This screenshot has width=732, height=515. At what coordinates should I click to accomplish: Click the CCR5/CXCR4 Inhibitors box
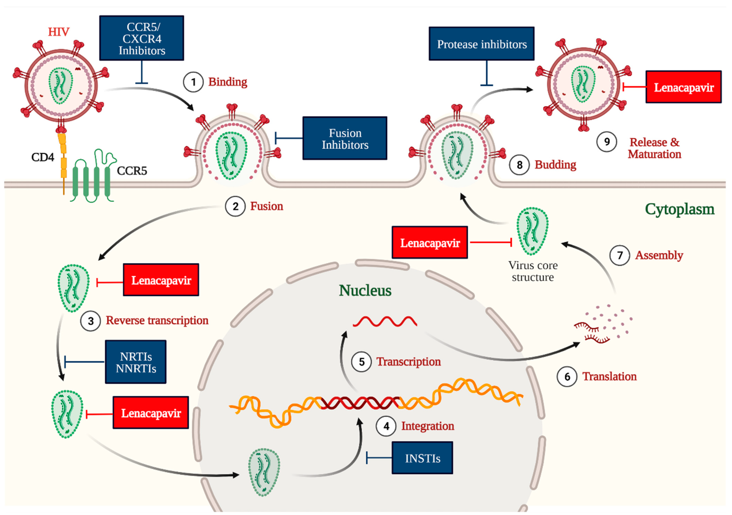[142, 38]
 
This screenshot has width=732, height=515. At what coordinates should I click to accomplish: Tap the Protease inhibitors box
[481, 44]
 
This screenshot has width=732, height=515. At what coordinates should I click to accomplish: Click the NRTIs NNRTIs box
[136, 362]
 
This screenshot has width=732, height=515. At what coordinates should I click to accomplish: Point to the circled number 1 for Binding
[193, 82]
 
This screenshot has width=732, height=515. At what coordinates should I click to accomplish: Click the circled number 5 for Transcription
[361, 362]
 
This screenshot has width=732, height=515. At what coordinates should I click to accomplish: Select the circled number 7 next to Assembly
[620, 255]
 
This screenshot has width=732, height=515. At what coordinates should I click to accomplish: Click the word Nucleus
[365, 290]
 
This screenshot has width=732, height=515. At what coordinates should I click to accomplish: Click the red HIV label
[59, 32]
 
